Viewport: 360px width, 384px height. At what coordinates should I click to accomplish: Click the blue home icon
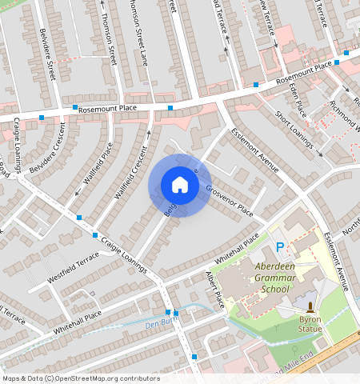(x=180, y=185)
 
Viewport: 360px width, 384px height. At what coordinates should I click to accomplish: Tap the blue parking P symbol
(x=280, y=249)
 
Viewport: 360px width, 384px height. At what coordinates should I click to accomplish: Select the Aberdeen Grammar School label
(x=270, y=277)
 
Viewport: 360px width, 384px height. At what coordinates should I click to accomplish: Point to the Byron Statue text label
(x=310, y=322)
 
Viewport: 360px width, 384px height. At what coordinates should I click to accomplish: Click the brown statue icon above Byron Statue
(x=310, y=307)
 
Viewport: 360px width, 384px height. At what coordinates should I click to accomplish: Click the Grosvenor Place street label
(x=229, y=201)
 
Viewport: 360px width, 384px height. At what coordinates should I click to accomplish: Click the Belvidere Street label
(x=46, y=53)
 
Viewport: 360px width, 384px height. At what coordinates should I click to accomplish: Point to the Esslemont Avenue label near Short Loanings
(x=254, y=150)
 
